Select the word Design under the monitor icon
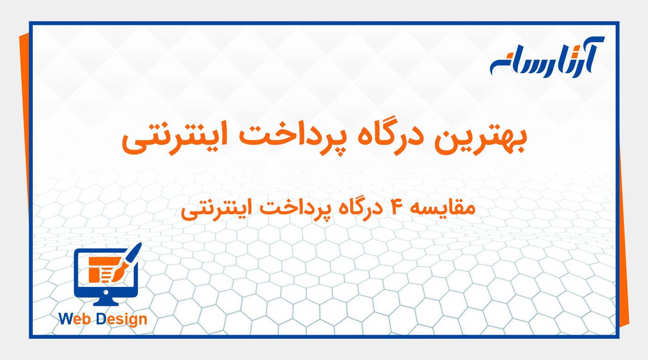[x=122, y=320]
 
